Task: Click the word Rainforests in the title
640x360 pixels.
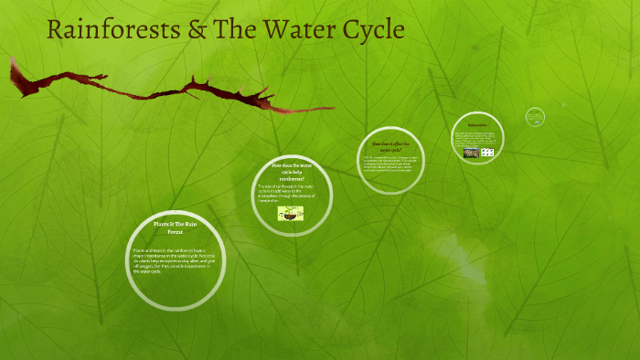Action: (107, 29)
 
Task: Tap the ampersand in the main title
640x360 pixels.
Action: (194, 29)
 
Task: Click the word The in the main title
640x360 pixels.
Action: (237, 29)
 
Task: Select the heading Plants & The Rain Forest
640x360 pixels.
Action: (175, 228)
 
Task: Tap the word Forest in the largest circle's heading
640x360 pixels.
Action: (175, 233)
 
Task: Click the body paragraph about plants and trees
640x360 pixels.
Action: (174, 259)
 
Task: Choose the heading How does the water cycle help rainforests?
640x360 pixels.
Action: (292, 171)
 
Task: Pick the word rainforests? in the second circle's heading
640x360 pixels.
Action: (292, 178)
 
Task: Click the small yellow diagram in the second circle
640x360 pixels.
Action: (292, 213)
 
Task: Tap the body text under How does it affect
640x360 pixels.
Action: (390, 164)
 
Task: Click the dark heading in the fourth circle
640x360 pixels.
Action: (477, 125)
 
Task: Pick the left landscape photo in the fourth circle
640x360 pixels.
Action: (470, 153)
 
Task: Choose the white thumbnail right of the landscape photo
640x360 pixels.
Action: (487, 153)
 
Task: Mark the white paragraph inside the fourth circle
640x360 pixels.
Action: (476, 138)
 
